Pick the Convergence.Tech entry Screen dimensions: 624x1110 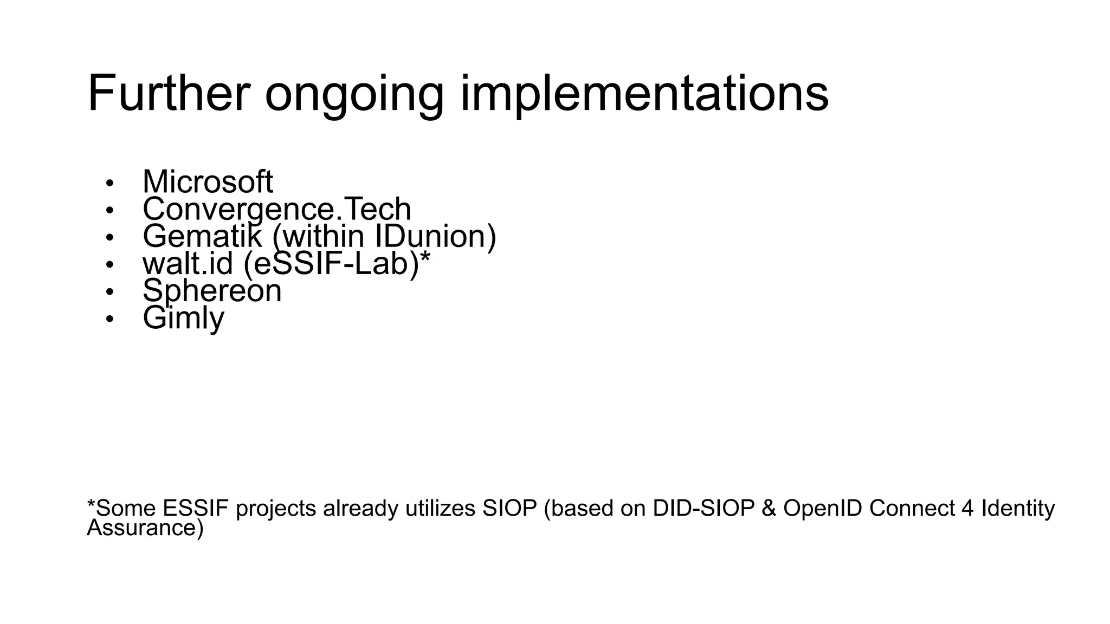point(276,209)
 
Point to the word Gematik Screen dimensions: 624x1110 point(202,236)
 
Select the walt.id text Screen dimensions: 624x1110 point(188,263)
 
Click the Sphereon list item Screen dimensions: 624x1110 point(212,291)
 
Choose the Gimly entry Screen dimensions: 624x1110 point(183,318)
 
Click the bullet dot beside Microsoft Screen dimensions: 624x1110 point(110,183)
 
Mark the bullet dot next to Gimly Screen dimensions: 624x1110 point(110,319)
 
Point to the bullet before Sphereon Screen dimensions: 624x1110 point(110,292)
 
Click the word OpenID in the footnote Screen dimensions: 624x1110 point(823,509)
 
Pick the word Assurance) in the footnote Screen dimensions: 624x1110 point(145,528)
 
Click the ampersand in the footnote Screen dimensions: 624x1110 point(769,509)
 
